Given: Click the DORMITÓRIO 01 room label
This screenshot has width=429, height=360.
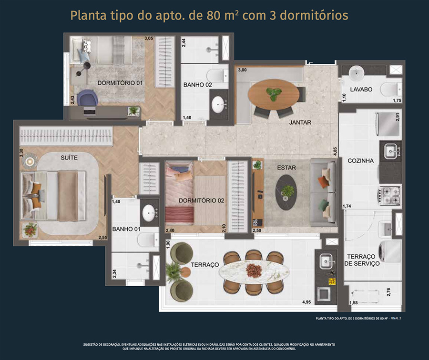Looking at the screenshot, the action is tap(120, 83).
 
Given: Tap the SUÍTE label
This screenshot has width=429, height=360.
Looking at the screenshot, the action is tap(69, 158).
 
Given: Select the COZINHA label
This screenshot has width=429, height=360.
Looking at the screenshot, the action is tap(361, 161).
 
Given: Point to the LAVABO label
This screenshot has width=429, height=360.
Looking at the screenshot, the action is tap(361, 90).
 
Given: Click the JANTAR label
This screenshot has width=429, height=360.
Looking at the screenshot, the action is tap(300, 122).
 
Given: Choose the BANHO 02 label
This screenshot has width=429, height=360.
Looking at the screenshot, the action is tap(197, 85).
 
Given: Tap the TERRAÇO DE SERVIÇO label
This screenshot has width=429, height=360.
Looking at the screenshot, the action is tap(362, 260).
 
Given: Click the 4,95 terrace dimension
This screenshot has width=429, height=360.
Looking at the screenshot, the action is tap(306, 302).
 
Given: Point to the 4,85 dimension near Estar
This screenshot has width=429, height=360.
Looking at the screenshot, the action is tap(336, 151).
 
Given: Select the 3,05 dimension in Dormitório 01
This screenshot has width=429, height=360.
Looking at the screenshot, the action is tap(149, 38).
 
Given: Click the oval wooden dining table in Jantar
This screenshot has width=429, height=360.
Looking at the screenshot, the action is tap(274, 95).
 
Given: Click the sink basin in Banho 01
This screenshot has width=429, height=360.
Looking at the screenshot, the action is tap(149, 213).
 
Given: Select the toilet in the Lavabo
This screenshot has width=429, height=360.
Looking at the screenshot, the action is tap(391, 89).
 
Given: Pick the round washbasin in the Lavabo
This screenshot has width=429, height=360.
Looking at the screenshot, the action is tap(357, 72).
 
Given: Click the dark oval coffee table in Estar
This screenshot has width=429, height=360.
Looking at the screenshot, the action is tap(286, 192).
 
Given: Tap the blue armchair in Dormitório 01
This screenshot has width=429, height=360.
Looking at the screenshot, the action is tap(87, 98).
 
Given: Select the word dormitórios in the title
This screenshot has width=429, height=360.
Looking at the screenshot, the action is tap(314, 15).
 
